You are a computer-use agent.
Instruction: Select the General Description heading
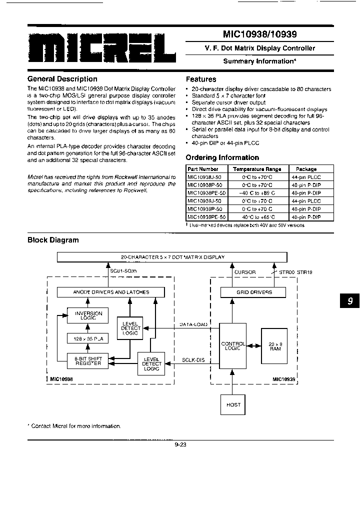click(x=62, y=79)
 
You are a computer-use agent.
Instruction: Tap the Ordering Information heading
click(x=222, y=157)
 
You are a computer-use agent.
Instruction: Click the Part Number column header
click(x=202, y=169)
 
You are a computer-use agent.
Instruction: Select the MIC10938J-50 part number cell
click(x=206, y=177)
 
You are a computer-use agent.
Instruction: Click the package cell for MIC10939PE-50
click(x=305, y=217)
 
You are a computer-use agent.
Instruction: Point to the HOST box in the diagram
click(x=233, y=404)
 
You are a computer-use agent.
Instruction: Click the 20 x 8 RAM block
click(x=274, y=346)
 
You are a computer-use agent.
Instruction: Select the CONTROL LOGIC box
click(x=233, y=346)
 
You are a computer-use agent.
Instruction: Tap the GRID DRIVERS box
click(x=254, y=292)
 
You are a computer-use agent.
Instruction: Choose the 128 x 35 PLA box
click(x=88, y=338)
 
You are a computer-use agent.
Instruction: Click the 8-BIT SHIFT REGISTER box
click(x=88, y=360)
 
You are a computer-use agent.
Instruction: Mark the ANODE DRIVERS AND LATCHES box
click(x=111, y=292)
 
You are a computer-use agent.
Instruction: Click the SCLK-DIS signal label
click(x=194, y=360)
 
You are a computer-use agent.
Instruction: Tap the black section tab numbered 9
click(x=349, y=301)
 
